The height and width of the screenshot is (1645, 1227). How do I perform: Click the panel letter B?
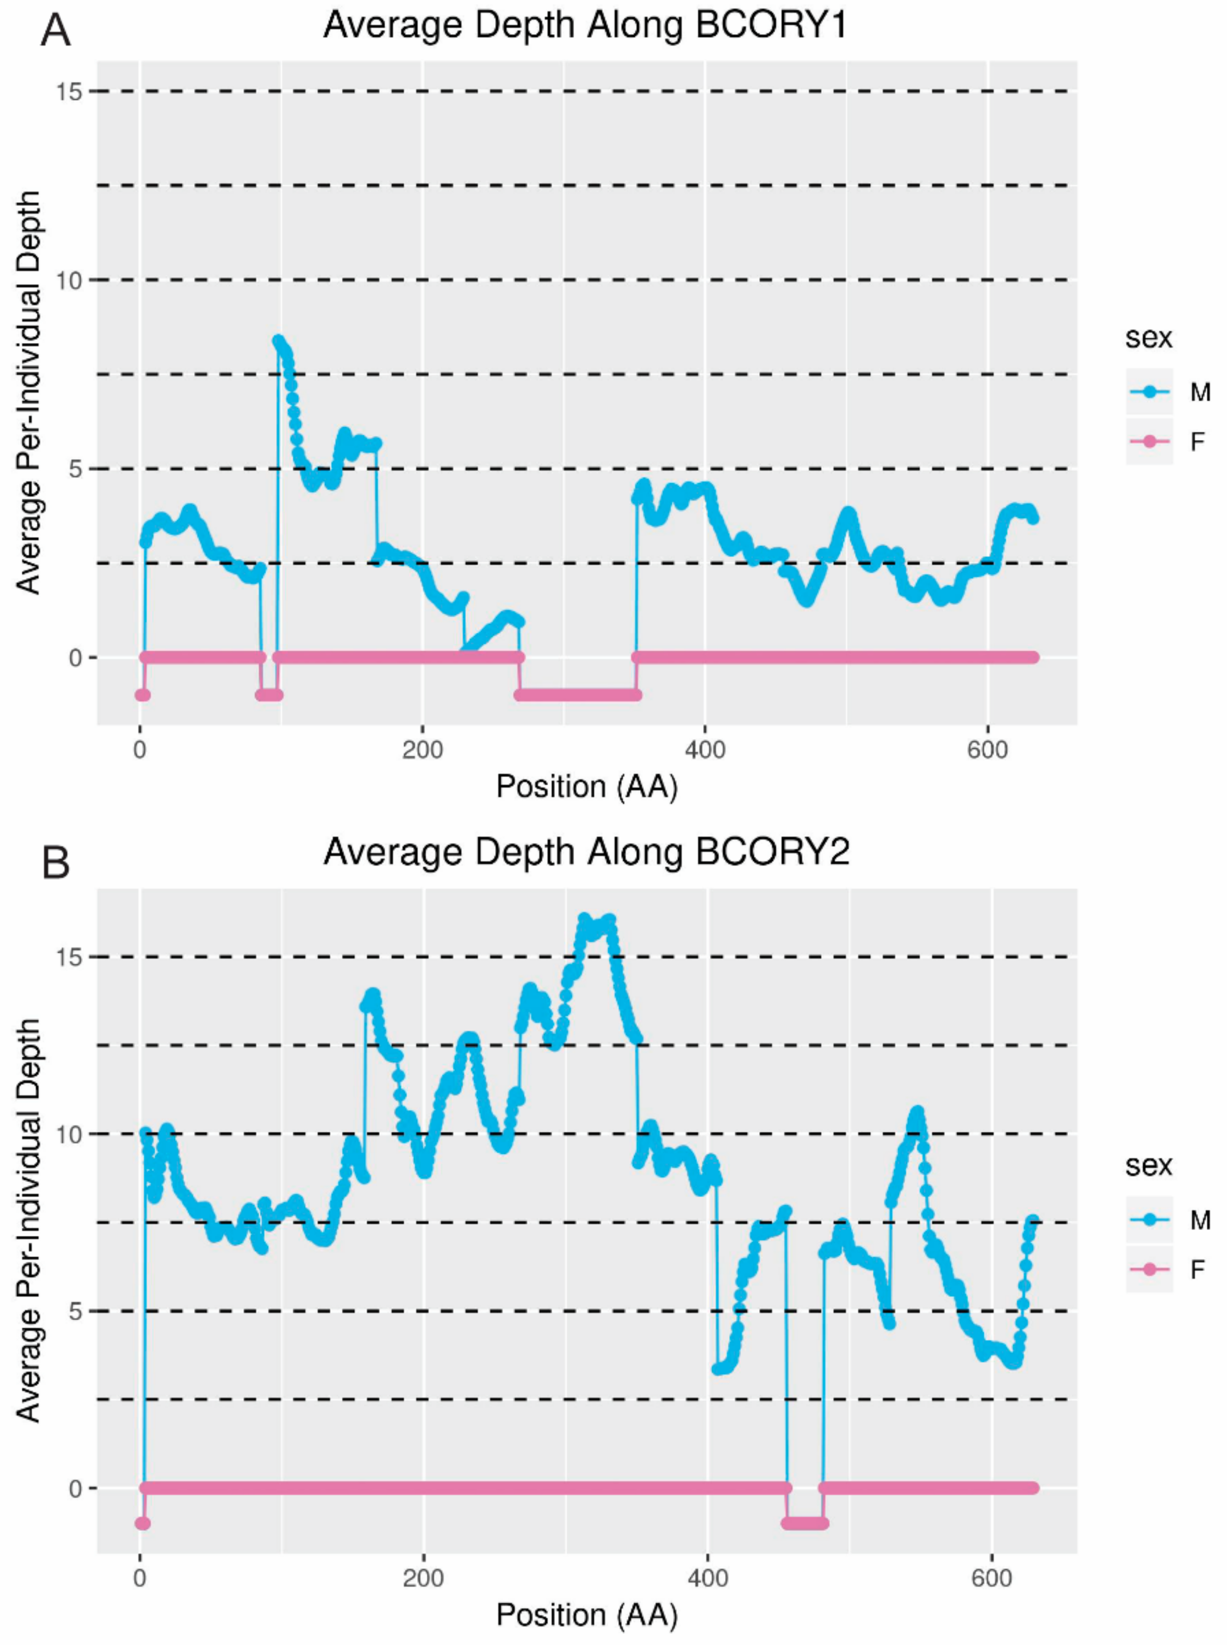[x=55, y=864]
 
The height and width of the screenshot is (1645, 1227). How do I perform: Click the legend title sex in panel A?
[x=1148, y=338]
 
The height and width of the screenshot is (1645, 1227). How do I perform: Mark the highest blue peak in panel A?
[x=279, y=341]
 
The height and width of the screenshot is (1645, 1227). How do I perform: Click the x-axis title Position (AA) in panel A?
[x=587, y=786]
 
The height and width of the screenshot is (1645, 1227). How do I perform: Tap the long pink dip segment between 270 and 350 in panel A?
[x=578, y=695]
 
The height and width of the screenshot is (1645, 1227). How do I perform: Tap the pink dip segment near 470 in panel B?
[x=805, y=1523]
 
